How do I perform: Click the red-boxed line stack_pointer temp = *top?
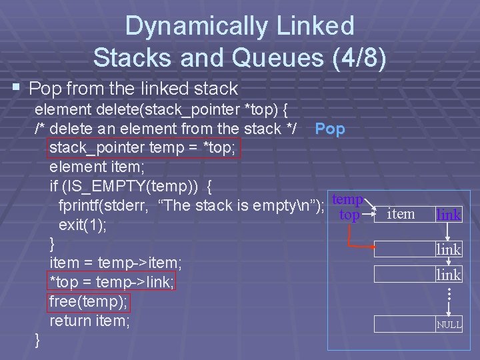click(x=142, y=147)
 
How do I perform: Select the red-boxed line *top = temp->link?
click(x=111, y=282)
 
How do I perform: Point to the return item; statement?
click(x=89, y=321)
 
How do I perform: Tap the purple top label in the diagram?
click(x=349, y=215)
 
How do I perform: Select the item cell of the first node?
click(x=401, y=214)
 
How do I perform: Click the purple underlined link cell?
click(x=448, y=215)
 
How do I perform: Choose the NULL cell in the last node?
click(x=449, y=325)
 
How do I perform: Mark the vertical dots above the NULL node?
click(x=449, y=293)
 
